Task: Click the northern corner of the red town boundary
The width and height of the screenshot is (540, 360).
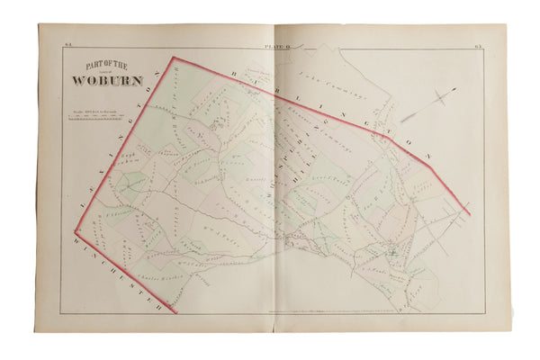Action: (173, 58)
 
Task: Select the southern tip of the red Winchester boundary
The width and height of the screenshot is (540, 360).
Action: (175, 312)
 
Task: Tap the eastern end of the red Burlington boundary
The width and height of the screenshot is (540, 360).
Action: (469, 213)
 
